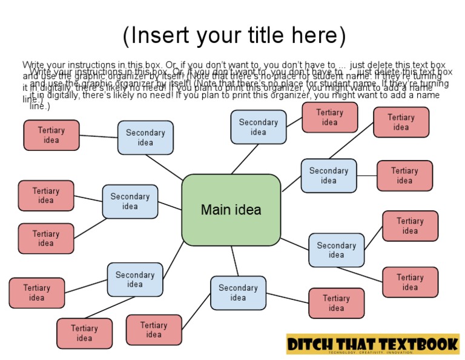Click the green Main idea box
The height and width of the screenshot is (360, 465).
(231, 210)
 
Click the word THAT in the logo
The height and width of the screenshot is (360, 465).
(359, 344)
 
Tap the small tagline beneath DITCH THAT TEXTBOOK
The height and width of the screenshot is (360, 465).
(372, 352)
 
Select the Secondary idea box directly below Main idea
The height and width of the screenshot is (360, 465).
(238, 293)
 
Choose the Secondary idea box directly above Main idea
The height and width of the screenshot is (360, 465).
(258, 127)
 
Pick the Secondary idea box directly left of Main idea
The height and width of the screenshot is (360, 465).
(130, 201)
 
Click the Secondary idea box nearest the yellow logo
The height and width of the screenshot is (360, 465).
(336, 250)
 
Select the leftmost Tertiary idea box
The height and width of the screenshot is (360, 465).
(36, 293)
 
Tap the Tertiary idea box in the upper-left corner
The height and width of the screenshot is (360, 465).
(51, 135)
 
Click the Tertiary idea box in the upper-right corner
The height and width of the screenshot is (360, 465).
(401, 122)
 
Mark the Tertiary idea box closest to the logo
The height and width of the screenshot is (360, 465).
(336, 303)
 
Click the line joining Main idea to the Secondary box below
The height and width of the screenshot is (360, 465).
(234, 261)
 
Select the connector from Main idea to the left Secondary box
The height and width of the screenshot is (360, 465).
(170, 206)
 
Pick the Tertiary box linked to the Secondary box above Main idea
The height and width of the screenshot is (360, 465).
(329, 117)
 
